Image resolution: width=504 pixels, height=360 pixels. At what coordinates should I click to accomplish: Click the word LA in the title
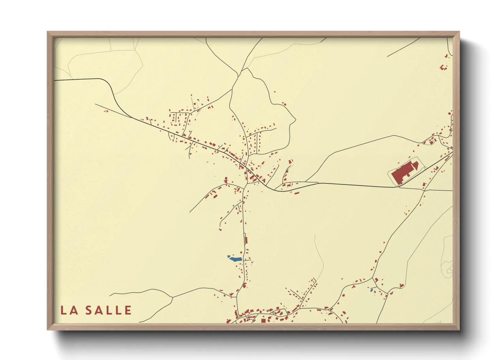[x=69, y=310]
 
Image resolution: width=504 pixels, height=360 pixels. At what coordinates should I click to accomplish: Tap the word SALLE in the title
[x=108, y=310]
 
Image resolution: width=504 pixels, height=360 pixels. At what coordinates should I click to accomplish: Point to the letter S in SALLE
[x=89, y=310]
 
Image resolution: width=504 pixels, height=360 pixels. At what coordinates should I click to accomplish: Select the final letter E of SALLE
[x=128, y=310]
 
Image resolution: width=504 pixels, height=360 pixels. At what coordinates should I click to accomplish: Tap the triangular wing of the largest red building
[x=415, y=166]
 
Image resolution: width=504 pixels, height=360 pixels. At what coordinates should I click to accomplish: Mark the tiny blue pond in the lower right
[x=372, y=290]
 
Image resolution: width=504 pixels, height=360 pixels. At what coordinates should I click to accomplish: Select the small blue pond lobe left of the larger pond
[x=229, y=256]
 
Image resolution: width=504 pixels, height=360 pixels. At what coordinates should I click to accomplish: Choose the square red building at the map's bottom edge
[x=263, y=320]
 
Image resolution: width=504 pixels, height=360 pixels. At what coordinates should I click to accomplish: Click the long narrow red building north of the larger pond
[x=246, y=240]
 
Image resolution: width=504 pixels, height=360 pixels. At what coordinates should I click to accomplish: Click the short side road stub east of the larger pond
[x=247, y=260]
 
